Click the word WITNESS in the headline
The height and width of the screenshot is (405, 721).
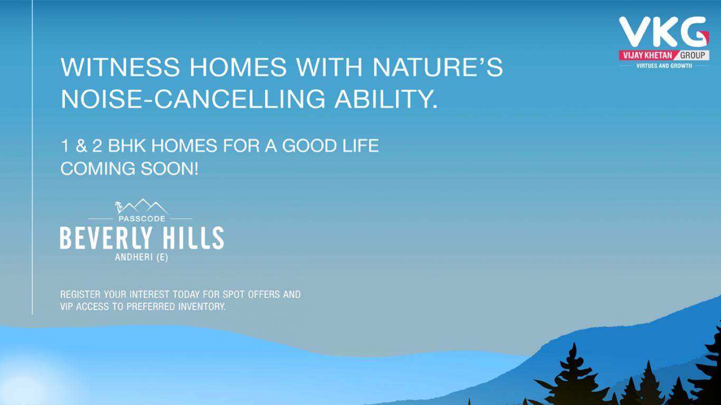point(120,67)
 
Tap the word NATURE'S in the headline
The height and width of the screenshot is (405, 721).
point(438,67)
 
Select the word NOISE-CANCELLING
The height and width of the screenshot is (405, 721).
point(193,99)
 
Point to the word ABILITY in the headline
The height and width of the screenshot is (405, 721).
point(386,99)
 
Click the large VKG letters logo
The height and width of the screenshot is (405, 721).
point(663,32)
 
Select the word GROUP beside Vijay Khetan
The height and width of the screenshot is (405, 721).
point(692,55)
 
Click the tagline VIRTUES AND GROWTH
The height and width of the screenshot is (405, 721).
point(664,66)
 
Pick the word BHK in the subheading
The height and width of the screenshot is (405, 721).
point(127,146)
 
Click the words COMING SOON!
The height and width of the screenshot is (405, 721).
point(129,169)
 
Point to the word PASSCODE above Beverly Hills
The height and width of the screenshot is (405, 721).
point(141,219)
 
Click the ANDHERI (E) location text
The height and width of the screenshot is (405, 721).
point(141,257)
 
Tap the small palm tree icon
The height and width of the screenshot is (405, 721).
point(118,207)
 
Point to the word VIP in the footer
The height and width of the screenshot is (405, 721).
point(67,306)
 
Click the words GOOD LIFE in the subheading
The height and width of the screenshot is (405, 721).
point(330,146)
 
